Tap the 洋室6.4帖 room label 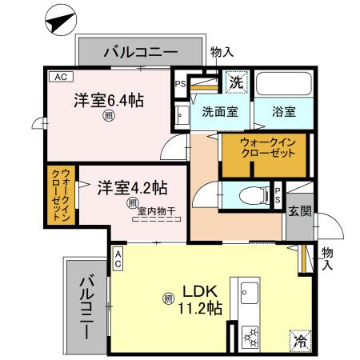point(110,101)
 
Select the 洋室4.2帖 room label point(132,189)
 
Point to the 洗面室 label point(219,112)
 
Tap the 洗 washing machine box point(236,82)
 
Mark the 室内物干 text point(157,211)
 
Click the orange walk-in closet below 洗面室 point(263,152)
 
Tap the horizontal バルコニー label point(141,54)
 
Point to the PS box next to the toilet point(278,194)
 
